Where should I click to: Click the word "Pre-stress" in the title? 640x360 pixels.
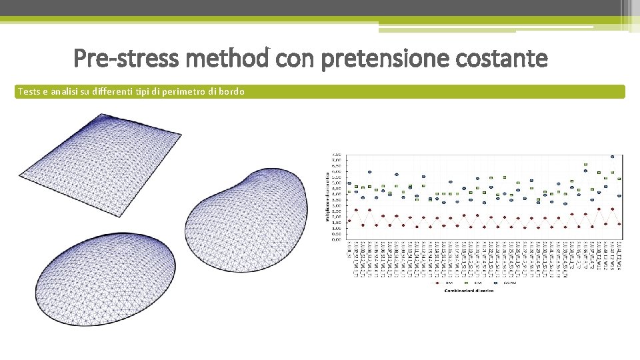126,59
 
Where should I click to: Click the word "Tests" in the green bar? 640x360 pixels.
29,91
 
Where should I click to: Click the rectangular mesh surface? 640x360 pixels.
100,150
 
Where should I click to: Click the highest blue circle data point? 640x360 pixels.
613,157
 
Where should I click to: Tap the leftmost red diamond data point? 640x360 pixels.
349,221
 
